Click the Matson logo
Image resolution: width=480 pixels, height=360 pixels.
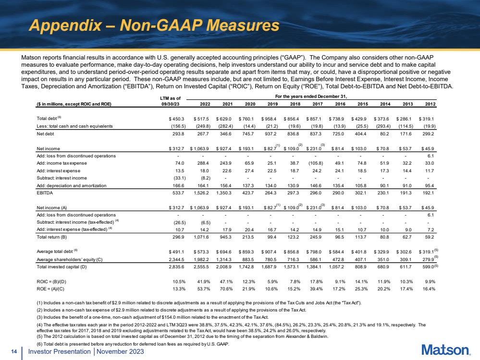click(446, 350)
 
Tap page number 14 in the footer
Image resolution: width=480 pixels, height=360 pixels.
click(14, 352)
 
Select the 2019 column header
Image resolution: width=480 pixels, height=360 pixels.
click(272, 104)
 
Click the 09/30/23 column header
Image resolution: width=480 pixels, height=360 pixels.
click(170, 104)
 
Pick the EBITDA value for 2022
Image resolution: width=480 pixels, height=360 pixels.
click(201, 193)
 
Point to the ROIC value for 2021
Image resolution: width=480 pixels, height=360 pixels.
click(226, 282)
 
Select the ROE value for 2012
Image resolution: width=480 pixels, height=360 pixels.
click(429, 289)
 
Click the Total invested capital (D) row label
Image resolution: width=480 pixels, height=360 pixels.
click(62, 267)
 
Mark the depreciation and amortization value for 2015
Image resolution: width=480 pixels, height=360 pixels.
click(361, 186)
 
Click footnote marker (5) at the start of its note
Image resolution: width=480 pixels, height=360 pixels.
click(39, 336)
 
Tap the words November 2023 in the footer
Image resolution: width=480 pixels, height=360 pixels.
click(120, 352)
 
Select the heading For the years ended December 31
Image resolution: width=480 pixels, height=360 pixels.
click(311, 96)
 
